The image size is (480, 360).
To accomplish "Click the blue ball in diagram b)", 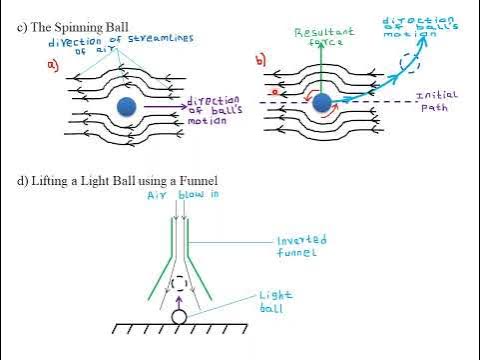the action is [x=322, y=103].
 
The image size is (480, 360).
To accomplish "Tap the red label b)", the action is [x=261, y=61].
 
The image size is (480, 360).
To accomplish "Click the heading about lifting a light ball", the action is [x=118, y=180].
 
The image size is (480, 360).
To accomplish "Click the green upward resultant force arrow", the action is [x=322, y=70].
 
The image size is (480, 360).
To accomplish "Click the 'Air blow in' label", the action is [x=177, y=196].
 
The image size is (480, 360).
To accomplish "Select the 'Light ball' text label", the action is [x=276, y=301].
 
